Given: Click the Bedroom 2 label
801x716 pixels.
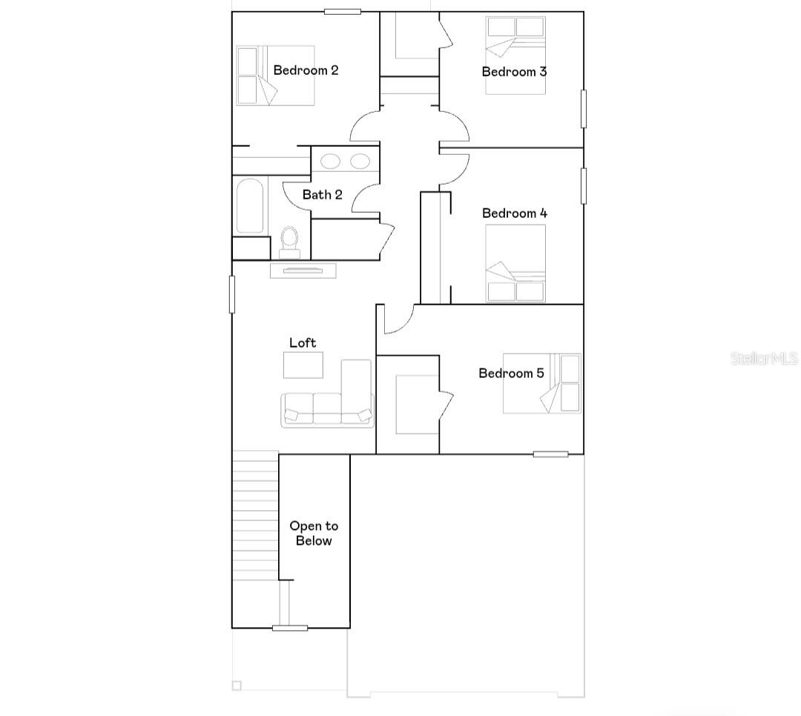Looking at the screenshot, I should tap(306, 70).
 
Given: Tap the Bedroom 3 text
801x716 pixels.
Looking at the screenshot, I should tap(514, 72).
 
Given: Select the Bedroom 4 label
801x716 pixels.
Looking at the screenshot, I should tap(514, 213).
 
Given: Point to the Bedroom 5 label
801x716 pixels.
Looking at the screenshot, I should tap(511, 373).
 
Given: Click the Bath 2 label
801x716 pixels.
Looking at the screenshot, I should tap(322, 195).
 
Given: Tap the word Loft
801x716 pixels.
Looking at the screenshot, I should tap(303, 342).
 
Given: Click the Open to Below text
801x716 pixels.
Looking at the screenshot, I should tap(314, 534).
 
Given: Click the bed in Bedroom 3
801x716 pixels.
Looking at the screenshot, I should tap(515, 55).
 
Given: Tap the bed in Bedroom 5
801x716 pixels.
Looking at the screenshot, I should tap(541, 383).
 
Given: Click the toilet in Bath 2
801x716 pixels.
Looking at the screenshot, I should tap(289, 241).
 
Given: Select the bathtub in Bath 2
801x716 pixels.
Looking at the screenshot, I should tap(249, 206).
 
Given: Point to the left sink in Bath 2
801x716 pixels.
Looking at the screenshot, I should tap(330, 161).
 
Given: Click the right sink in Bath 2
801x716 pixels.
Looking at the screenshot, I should tap(360, 161).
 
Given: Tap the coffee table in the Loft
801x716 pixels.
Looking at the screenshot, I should tap(303, 365).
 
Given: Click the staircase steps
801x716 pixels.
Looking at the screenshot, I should tap(255, 519).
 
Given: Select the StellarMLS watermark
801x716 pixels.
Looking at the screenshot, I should tap(764, 359).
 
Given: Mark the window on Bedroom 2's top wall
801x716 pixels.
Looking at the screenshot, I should tap(343, 12).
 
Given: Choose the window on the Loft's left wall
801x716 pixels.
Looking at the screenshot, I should tap(232, 294).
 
